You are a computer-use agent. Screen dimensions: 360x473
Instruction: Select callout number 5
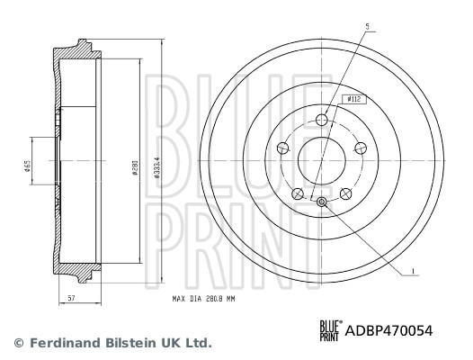click(x=366, y=28)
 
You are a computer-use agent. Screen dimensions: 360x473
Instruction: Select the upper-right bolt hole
click(x=361, y=148)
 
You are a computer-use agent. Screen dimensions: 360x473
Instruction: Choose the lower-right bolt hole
click(x=347, y=192)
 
